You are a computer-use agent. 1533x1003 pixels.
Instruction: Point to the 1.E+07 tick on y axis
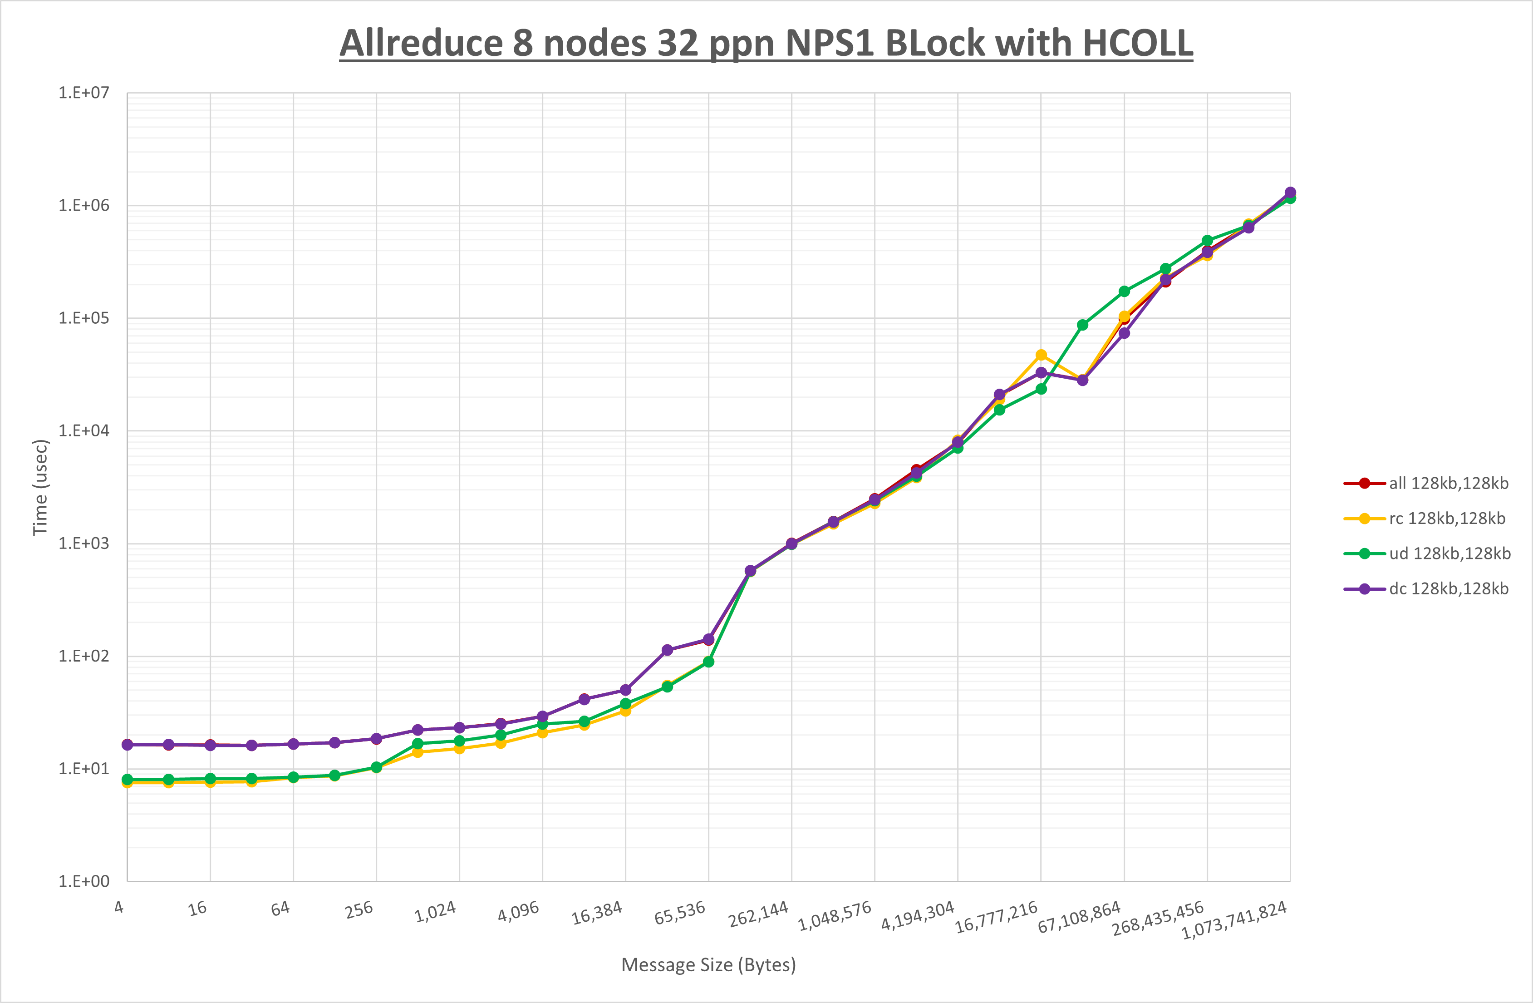pyautogui.click(x=84, y=93)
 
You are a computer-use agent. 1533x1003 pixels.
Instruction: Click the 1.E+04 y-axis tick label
pyautogui.click(x=84, y=430)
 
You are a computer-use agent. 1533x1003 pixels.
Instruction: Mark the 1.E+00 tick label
pyautogui.click(x=84, y=881)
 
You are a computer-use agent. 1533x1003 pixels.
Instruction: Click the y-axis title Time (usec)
pyautogui.click(x=40, y=487)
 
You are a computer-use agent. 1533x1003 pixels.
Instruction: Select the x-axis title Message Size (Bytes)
pyautogui.click(x=708, y=965)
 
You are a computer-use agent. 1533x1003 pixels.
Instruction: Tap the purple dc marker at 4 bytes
pyautogui.click(x=128, y=745)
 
